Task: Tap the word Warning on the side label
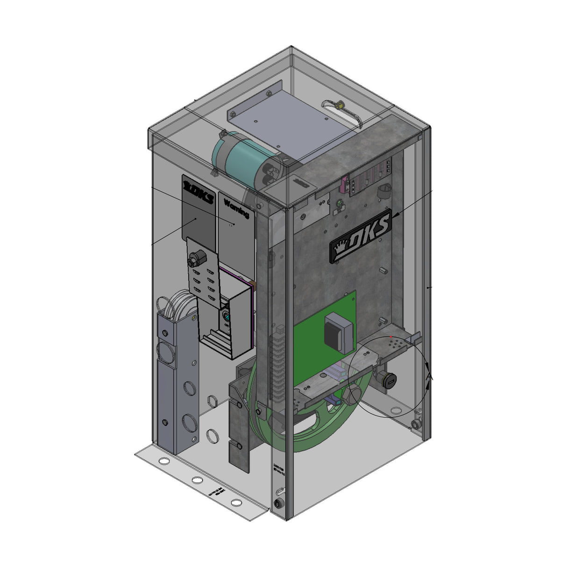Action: pos(236,208)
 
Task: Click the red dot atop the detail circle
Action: pos(391,336)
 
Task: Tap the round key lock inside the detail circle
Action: pos(388,381)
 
